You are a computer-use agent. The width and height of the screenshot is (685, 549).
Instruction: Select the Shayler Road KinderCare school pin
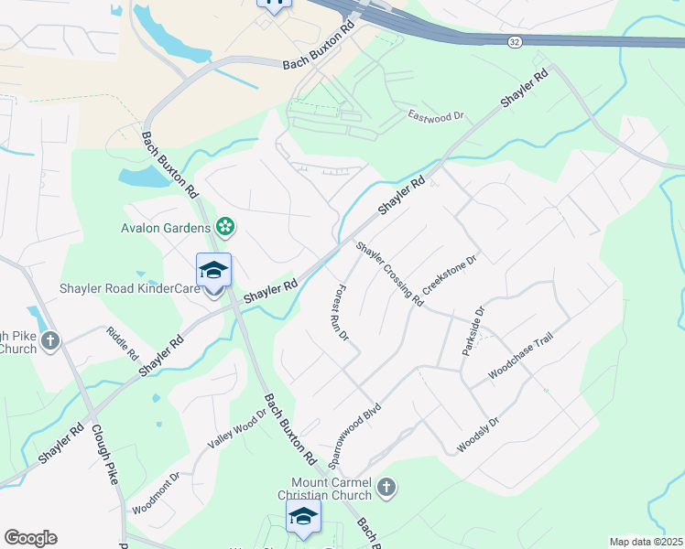point(214,272)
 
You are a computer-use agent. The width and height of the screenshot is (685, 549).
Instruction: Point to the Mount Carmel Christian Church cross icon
point(386,488)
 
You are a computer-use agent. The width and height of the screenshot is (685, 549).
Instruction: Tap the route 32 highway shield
point(516,41)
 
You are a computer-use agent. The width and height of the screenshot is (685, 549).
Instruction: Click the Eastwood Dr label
point(437,116)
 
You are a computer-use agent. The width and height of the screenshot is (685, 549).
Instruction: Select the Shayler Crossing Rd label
point(390,273)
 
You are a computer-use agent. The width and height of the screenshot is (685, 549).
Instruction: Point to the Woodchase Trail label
point(521,356)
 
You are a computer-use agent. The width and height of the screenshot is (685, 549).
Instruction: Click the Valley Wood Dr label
point(235,427)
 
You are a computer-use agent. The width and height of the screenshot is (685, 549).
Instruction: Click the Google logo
point(30,538)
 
